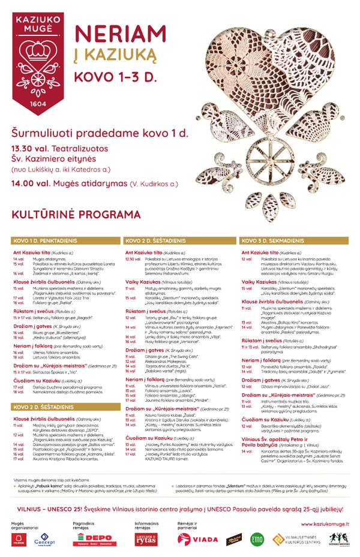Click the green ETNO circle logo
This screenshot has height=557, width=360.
257,539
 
